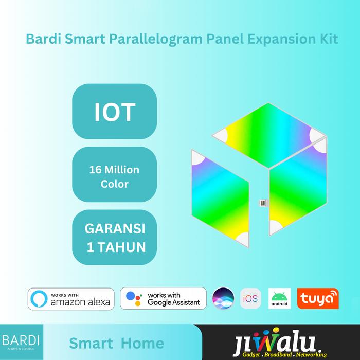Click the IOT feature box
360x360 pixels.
[114, 113]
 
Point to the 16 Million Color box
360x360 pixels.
[114, 176]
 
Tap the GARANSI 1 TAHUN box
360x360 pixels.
[114, 238]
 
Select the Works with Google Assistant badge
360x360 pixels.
[164, 299]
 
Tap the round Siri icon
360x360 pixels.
[223, 298]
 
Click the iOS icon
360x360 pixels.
[251, 298]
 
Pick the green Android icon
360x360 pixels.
[279, 298]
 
